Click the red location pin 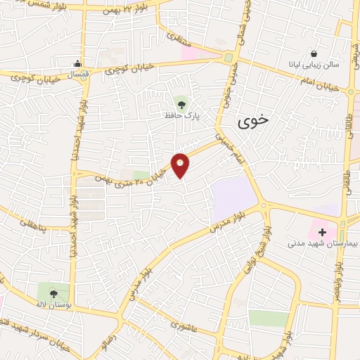pos(181,165)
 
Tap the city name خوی pos(252,121)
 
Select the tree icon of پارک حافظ pos(182,105)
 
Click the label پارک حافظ pos(181,116)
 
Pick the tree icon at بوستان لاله pos(54,293)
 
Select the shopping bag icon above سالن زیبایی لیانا pos(314,53)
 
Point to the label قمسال pos(79,75)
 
